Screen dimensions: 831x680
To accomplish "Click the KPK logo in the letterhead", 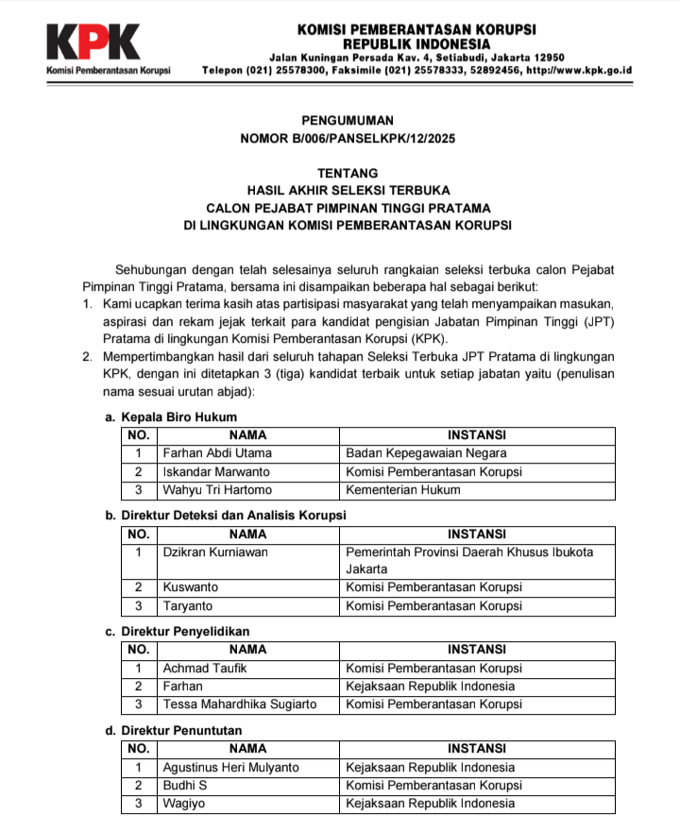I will (x=93, y=42).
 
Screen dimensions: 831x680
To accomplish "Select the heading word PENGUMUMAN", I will (x=347, y=121).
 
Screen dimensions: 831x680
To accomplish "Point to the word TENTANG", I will (x=348, y=174).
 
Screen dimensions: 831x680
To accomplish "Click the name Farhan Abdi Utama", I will (x=217, y=453).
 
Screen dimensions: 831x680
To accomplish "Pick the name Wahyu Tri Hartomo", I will (x=217, y=489).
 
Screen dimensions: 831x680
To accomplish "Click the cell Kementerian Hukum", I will (x=403, y=489).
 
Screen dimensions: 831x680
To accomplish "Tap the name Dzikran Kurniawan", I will (x=215, y=551).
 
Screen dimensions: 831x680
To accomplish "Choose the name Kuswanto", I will (x=190, y=587).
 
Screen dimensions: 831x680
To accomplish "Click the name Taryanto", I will (x=188, y=605).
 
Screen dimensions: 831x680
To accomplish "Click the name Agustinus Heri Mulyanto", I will (x=230, y=767).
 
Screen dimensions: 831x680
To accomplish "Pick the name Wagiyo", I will (x=183, y=803).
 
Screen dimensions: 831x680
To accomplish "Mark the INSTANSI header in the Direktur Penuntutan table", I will (x=476, y=749).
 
